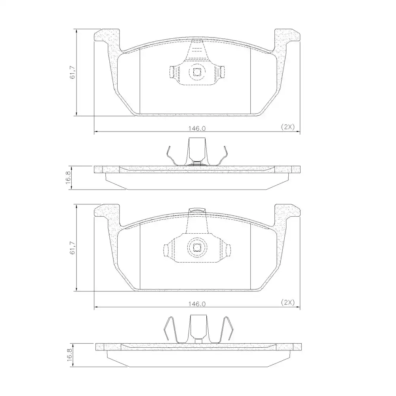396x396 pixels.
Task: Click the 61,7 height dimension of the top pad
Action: [x=72, y=72]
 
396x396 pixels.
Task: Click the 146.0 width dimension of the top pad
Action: [x=197, y=128]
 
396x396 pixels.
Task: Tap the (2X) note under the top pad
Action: [x=288, y=127]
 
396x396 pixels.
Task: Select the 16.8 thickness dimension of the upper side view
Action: [x=69, y=178]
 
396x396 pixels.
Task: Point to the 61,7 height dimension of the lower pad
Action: [x=72, y=248]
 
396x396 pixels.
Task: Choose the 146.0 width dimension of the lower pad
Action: [x=197, y=304]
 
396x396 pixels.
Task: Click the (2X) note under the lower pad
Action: [x=288, y=302]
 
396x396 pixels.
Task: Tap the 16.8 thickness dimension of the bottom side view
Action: [x=70, y=355]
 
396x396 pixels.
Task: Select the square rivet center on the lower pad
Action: [x=197, y=248]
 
